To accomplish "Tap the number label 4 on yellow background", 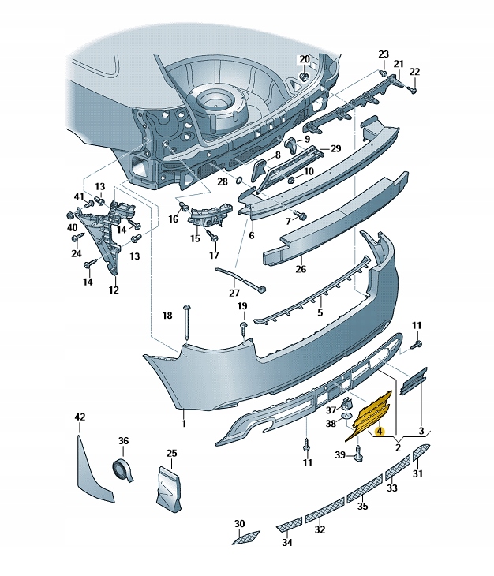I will (379, 432).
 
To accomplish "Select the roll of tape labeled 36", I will (122, 469).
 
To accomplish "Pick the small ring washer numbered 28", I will (242, 181).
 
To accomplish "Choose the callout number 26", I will (300, 269).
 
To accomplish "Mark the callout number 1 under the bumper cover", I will (183, 424).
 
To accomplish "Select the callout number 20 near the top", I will (305, 60).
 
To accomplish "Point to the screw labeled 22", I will (412, 90).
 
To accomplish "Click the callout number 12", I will (114, 290).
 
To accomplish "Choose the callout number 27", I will (234, 293).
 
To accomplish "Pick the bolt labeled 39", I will (360, 452).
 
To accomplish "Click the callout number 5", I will (320, 312).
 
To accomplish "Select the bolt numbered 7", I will (300, 215).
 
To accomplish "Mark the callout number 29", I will (335, 148).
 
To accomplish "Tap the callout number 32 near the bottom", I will (320, 529).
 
